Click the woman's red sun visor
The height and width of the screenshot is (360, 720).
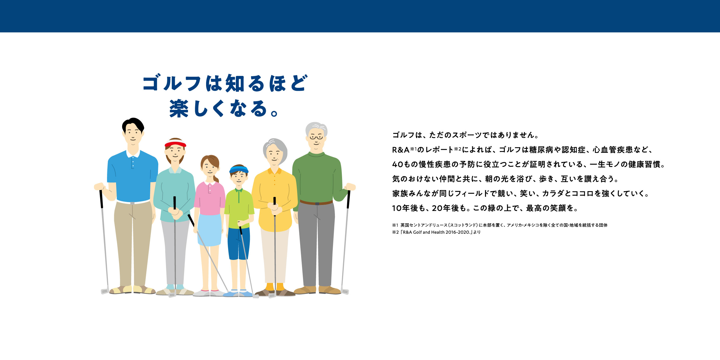pyautogui.click(x=175, y=144)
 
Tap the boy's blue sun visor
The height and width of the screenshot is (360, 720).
pyautogui.click(x=239, y=169)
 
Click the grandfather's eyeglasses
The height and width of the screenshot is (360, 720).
pyautogui.click(x=316, y=137)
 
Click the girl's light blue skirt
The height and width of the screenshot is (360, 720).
pyautogui.click(x=210, y=230)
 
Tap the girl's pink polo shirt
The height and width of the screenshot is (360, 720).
pyautogui.click(x=210, y=198)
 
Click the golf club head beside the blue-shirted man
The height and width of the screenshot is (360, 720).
pyautogui.click(x=105, y=292)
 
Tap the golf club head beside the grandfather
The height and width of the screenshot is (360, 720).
pyautogui.click(x=345, y=292)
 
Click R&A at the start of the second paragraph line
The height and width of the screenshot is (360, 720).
pyautogui.click(x=401, y=150)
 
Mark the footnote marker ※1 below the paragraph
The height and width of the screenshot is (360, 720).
pyautogui.click(x=395, y=225)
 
